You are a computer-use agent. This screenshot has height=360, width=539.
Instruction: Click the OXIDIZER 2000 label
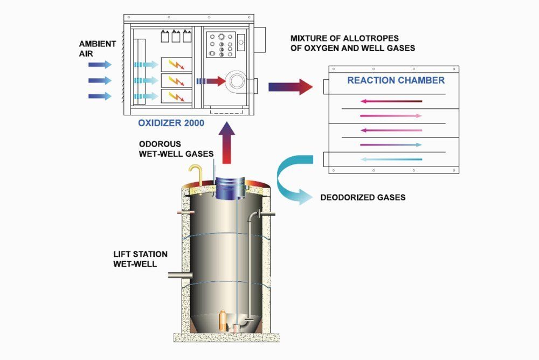(x=171, y=123)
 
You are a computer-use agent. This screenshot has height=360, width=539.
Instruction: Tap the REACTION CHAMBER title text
(x=396, y=80)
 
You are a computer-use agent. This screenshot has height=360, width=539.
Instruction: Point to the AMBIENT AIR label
(x=97, y=49)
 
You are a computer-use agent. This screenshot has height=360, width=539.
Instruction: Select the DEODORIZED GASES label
(x=363, y=197)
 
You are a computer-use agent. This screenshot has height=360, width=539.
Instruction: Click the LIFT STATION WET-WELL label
(x=140, y=259)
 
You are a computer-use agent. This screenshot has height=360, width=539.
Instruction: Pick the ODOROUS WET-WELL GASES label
(x=176, y=149)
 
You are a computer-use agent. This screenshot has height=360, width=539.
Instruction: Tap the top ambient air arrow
(x=100, y=65)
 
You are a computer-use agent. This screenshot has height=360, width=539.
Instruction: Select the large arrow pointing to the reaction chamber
(x=291, y=87)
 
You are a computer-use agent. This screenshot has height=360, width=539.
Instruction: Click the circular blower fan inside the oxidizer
(x=237, y=81)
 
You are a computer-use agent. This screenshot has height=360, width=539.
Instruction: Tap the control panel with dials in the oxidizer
(x=221, y=45)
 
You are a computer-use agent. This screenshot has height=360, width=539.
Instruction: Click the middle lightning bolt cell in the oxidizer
(x=176, y=81)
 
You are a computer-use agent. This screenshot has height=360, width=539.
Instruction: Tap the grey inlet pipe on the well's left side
(x=180, y=275)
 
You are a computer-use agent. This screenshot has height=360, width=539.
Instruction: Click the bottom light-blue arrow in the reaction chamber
(x=391, y=160)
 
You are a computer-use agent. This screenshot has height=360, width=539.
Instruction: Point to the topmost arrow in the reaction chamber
(x=391, y=101)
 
